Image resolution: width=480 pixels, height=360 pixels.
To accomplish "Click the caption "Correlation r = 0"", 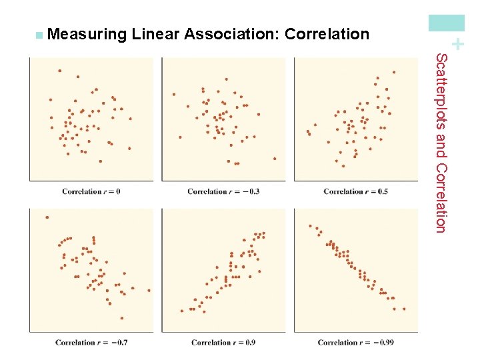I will [91, 191].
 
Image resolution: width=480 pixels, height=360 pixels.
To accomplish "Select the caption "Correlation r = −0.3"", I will [223, 191].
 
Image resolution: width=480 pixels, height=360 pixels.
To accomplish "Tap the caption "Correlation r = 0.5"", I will [355, 191].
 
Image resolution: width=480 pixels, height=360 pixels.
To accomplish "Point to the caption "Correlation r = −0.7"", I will [91, 343].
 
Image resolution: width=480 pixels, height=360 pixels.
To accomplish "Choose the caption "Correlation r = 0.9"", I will [223, 343].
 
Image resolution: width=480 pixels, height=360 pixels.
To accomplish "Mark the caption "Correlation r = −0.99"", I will [355, 343].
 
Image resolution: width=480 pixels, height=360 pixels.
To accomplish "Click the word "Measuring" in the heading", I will [87, 34].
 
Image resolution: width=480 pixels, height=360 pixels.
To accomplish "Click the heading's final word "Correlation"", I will [327, 34].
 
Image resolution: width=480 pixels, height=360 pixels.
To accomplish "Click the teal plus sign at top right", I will [457, 45].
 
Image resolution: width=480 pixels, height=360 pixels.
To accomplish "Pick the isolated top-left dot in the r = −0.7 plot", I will [47, 217].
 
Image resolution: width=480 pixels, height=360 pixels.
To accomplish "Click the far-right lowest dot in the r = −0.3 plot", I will [274, 159].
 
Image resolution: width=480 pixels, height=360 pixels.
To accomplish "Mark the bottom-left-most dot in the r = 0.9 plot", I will [182, 311].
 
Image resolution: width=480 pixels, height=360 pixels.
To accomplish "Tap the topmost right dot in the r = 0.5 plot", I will [394, 72].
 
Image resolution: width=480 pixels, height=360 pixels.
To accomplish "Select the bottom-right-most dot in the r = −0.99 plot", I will [404, 309].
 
